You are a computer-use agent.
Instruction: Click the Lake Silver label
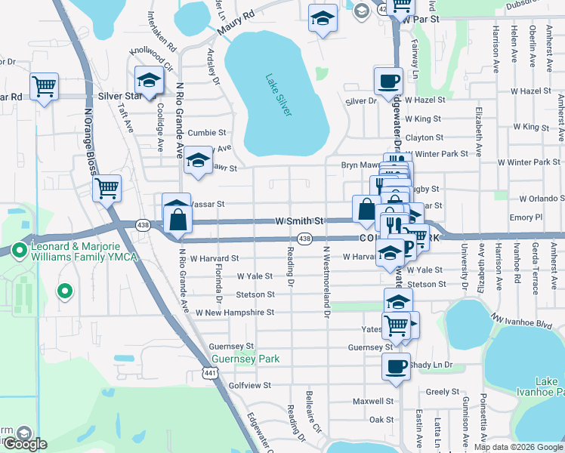[279, 94]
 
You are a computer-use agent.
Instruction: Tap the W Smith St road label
[298, 221]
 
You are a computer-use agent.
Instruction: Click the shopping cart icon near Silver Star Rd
[45, 87]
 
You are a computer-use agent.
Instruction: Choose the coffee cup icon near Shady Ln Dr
[396, 367]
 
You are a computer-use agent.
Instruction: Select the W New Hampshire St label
[234, 312]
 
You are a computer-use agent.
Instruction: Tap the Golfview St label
[249, 385]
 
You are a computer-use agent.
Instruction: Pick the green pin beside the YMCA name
[19, 250]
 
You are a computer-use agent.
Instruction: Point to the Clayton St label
[424, 137]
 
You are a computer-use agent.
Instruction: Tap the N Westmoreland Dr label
[327, 281]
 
